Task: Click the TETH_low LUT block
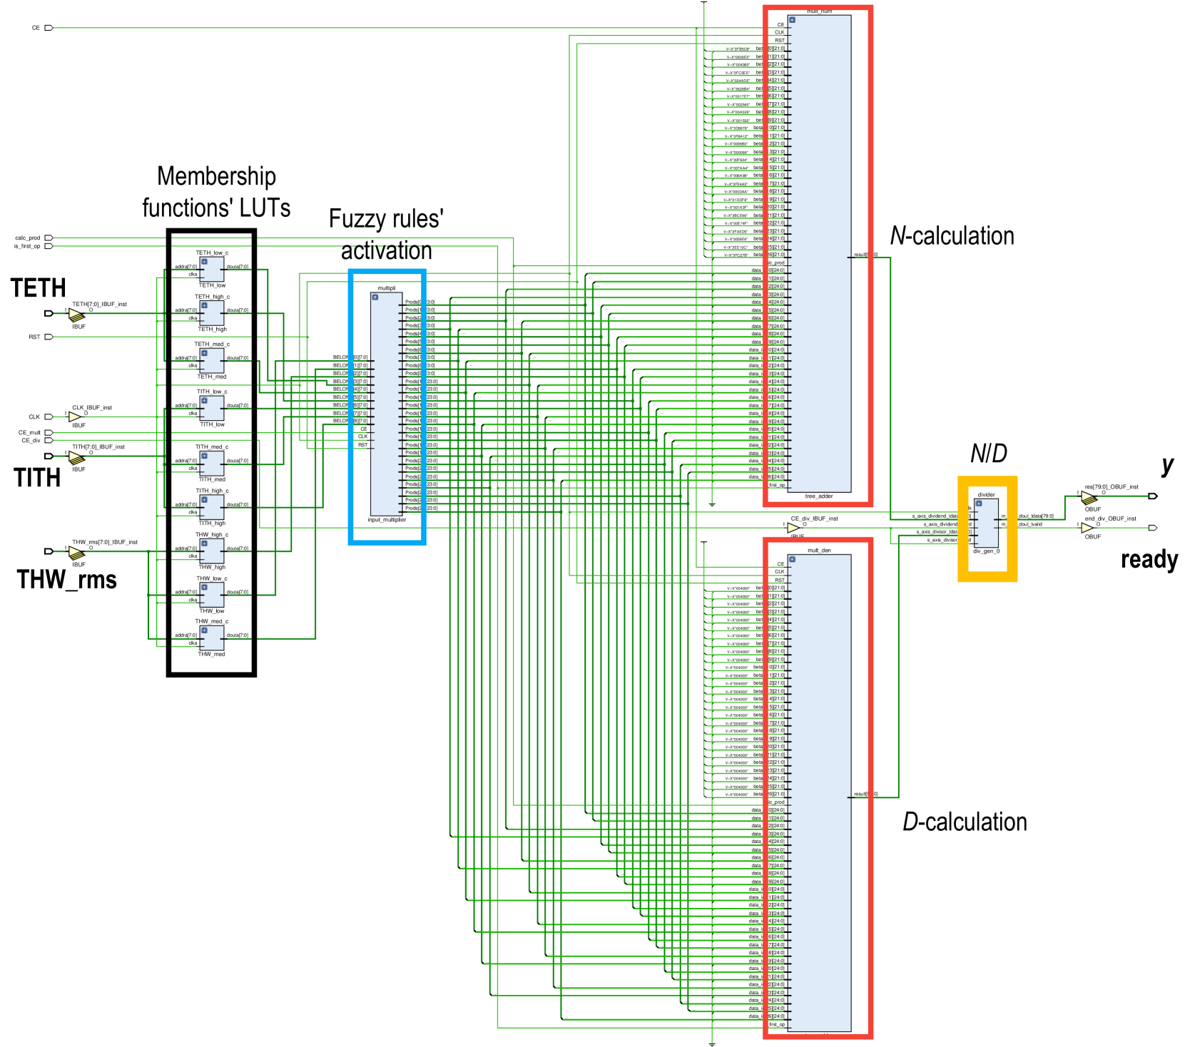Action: [212, 270]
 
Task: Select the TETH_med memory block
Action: [212, 361]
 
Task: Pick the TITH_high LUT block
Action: [212, 507]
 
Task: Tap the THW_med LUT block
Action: [212, 638]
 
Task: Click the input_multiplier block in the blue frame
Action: [386, 404]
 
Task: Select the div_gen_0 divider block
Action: [986, 523]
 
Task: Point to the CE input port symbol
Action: [49, 28]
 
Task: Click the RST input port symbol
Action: [49, 337]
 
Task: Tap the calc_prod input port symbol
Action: [49, 238]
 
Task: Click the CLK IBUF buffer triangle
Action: [75, 417]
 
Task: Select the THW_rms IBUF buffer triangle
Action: [76, 553]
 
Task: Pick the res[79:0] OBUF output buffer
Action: [1089, 497]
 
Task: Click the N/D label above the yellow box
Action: [988, 454]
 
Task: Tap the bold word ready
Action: [1149, 560]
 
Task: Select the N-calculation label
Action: [952, 236]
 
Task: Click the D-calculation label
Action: [965, 822]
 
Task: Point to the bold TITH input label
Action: [37, 477]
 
